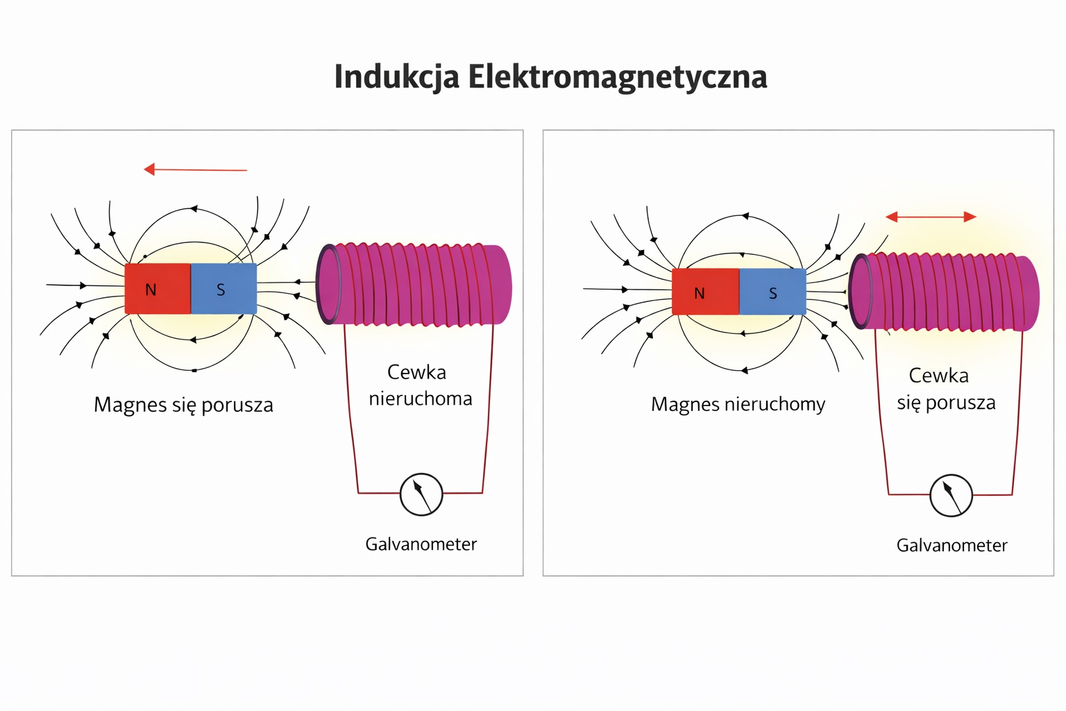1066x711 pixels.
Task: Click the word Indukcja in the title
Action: [x=396, y=77]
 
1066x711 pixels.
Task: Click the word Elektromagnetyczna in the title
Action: [x=617, y=77]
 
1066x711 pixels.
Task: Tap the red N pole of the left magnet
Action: [x=158, y=289]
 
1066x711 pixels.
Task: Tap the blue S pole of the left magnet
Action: [x=223, y=289]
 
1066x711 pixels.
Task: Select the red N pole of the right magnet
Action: [x=705, y=292]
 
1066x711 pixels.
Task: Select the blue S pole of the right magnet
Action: [x=772, y=292]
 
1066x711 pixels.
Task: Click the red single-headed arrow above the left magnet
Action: [x=195, y=169]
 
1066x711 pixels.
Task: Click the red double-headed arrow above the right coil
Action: [x=931, y=217]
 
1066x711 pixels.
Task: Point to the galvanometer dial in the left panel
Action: [x=421, y=494]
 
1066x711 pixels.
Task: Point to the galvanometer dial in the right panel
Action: [x=951, y=495]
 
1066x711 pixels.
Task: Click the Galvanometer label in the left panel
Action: [x=421, y=544]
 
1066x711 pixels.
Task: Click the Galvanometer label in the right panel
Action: [x=951, y=545]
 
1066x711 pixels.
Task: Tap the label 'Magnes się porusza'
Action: [x=183, y=405]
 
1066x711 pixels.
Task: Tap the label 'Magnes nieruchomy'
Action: [x=738, y=404]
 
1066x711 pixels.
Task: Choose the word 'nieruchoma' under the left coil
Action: [x=420, y=399]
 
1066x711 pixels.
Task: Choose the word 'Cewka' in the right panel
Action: [x=938, y=376]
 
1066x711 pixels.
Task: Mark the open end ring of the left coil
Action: [x=328, y=283]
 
